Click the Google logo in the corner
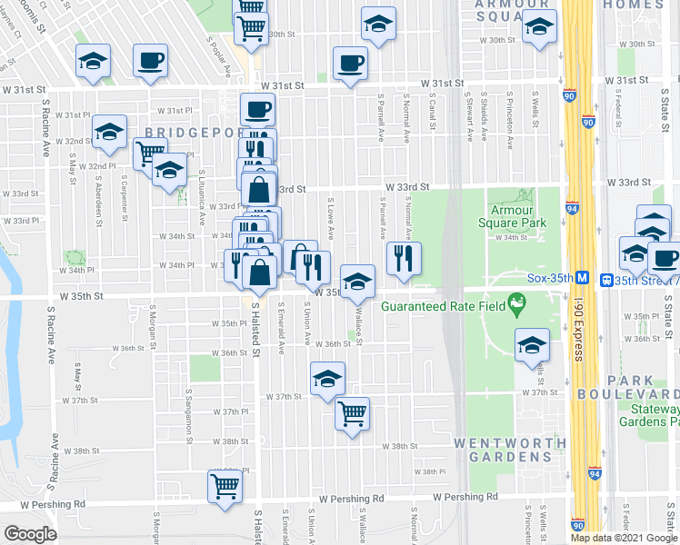coord(30,534)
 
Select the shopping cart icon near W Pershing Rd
coord(224,485)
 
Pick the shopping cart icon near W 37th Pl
coord(352,414)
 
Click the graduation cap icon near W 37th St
coord(327,379)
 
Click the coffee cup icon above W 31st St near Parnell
coord(350,64)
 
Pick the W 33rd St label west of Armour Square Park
coord(406,187)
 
